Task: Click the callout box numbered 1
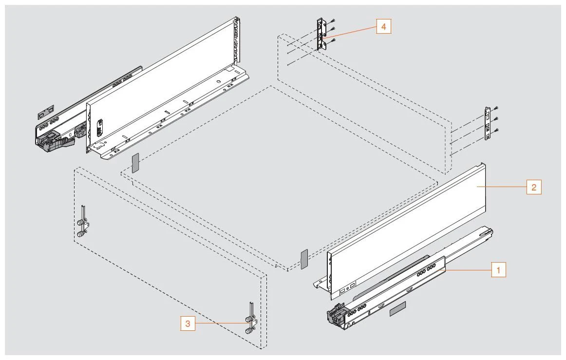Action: pos(498,269)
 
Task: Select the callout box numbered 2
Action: pos(534,187)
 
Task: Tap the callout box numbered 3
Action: pos(188,323)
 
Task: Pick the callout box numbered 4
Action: pos(383,27)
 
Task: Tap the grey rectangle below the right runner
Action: pos(397,309)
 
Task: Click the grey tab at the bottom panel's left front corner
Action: pos(135,163)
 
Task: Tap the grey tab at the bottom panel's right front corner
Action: pos(304,259)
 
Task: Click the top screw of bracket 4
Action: pos(333,19)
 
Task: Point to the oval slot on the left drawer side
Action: pos(100,127)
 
